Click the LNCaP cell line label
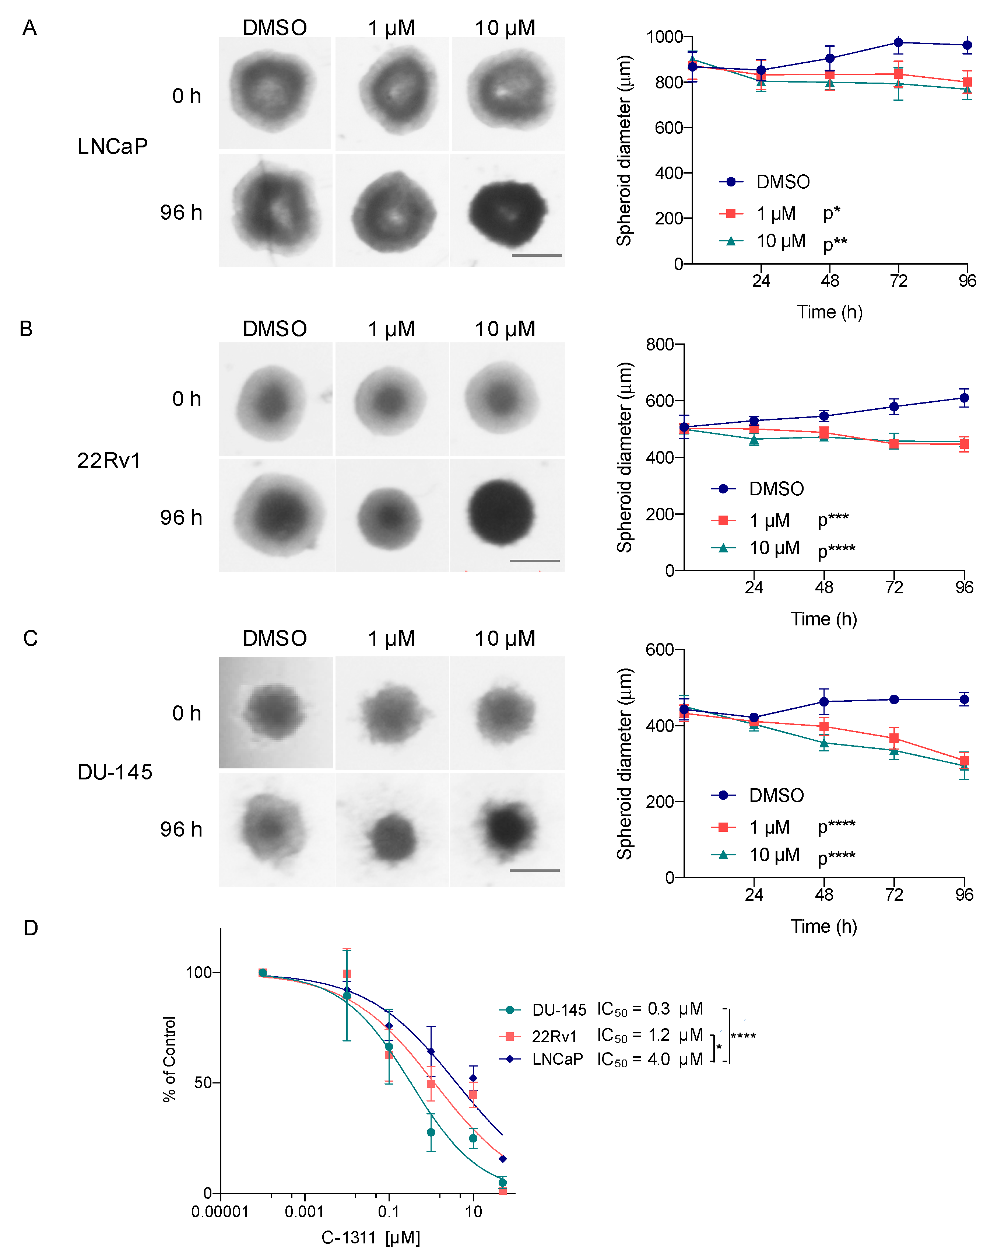[x=112, y=147]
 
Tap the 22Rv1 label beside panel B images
[x=109, y=461]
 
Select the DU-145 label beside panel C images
[x=115, y=772]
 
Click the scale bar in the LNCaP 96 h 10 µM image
[x=537, y=255]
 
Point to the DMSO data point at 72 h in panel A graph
[x=899, y=42]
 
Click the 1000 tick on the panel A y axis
[x=665, y=37]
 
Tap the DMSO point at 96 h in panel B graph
[x=964, y=398]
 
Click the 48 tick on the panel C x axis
[x=824, y=894]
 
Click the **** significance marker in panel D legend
[x=743, y=1036]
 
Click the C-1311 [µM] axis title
[x=371, y=1237]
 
